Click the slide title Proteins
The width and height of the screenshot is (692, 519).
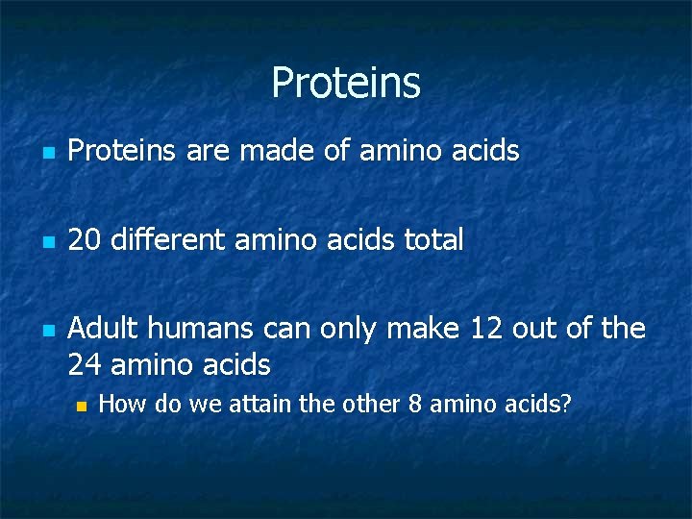(345, 83)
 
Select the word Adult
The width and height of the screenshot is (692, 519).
(102, 329)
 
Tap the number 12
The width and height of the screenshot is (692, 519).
(486, 329)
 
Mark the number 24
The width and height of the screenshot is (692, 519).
(86, 365)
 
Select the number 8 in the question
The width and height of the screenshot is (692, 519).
(414, 404)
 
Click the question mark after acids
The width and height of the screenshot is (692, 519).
(566, 404)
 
